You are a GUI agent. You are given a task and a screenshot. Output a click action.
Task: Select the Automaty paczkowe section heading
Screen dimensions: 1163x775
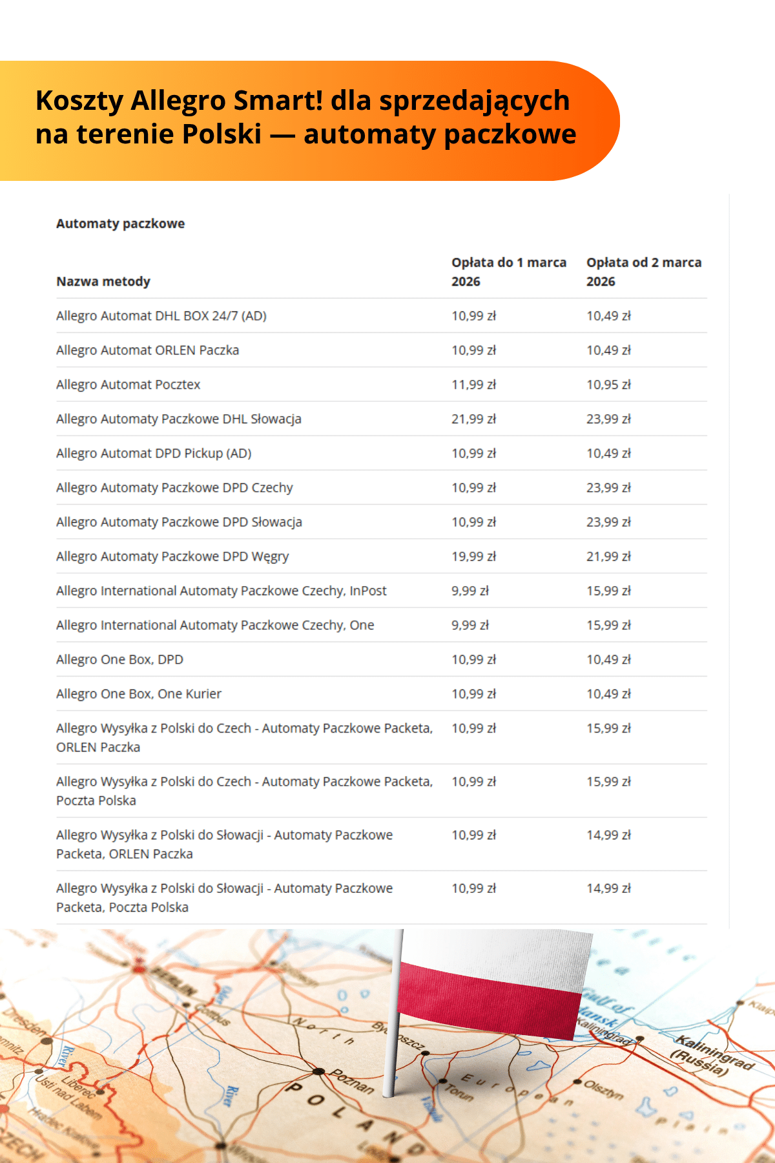pos(120,224)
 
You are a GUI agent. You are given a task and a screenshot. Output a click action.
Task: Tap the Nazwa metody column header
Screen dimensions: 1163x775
pos(103,282)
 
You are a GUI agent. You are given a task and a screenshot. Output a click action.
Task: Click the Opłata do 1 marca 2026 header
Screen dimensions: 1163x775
pos(508,271)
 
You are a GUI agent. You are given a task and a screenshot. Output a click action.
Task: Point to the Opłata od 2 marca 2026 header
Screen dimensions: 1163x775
pos(643,271)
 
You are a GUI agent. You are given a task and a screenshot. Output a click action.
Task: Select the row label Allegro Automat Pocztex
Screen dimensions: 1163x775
pos(128,384)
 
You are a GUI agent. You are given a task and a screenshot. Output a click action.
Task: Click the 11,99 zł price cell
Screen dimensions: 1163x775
pos(473,384)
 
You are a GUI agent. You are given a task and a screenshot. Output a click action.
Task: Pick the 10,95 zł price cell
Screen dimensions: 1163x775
pos(608,384)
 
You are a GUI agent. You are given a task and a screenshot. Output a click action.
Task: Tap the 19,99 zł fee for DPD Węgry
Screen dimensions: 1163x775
pos(473,556)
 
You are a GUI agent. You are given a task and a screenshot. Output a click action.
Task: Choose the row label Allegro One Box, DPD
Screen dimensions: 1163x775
pos(119,660)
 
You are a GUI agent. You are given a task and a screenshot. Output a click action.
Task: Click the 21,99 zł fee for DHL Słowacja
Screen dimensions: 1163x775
pos(473,419)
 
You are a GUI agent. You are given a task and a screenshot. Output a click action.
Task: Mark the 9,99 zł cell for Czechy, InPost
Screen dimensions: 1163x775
pos(470,591)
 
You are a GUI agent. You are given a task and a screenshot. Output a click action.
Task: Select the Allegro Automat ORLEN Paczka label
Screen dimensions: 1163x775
pos(147,350)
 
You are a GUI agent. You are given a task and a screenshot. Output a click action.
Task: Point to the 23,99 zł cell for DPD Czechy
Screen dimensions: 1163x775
pos(608,488)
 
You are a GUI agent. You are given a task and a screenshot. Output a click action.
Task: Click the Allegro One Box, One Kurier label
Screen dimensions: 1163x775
pos(138,694)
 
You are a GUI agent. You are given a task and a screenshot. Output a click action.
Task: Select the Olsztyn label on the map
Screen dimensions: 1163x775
pos(603,1090)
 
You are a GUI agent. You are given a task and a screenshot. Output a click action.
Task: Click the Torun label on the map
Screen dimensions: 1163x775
pos(459,1092)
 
